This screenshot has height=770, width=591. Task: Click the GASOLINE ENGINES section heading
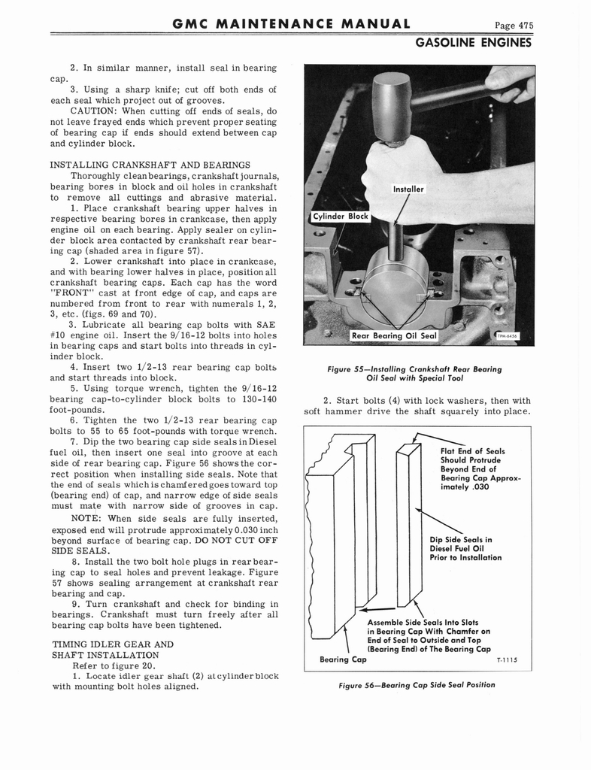474,43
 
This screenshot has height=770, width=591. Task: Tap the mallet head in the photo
391,107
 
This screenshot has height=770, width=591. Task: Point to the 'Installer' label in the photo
408,189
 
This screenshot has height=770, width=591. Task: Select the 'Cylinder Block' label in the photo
341,217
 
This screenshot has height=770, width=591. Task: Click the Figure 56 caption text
417,684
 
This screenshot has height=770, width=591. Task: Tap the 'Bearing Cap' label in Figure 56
343,659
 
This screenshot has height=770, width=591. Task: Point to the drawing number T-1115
509,660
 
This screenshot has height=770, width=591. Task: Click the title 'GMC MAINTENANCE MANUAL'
291,25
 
